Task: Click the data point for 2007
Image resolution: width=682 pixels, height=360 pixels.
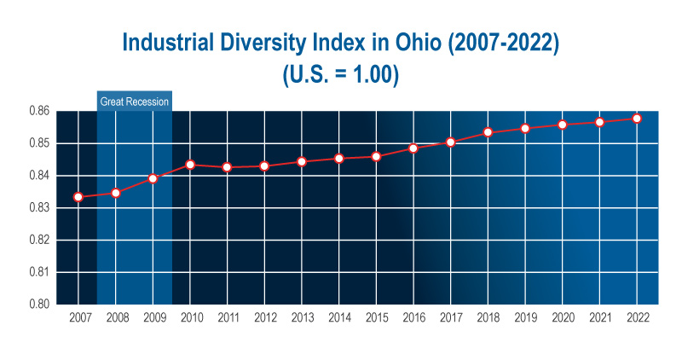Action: tap(78, 197)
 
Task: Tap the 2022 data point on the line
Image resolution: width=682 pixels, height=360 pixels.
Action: tap(637, 119)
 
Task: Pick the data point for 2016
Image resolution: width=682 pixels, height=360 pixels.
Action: tap(413, 148)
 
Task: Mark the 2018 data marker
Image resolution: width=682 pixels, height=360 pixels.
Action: tap(488, 132)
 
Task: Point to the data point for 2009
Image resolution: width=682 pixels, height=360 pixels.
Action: tap(153, 178)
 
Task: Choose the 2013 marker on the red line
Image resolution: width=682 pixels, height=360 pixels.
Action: tap(302, 161)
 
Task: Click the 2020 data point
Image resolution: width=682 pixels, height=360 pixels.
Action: tap(562, 125)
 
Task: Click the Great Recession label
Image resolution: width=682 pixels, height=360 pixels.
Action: tap(135, 102)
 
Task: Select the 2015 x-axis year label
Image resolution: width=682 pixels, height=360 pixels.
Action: tap(376, 317)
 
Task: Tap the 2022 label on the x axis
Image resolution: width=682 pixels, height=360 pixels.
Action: tap(637, 317)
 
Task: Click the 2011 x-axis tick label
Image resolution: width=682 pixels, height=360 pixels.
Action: tap(228, 317)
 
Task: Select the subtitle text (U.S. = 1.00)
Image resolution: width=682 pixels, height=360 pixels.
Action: tap(341, 74)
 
